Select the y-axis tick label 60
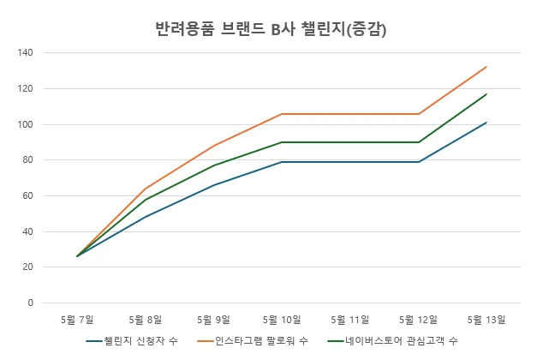pyautogui.click(x=27, y=195)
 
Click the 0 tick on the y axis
pyautogui.click(x=30, y=303)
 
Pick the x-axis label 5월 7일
pyautogui.click(x=77, y=320)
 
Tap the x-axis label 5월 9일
pyautogui.click(x=213, y=320)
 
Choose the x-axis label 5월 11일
pyautogui.click(x=350, y=320)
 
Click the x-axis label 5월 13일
pyautogui.click(x=486, y=320)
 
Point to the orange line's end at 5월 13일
pyautogui.click(x=486, y=67)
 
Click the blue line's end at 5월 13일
pyautogui.click(x=486, y=123)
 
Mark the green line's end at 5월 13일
pyautogui.click(x=486, y=94)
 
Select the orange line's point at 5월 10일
pyautogui.click(x=282, y=114)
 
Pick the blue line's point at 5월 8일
pyautogui.click(x=146, y=217)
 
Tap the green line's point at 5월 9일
pyautogui.click(x=213, y=165)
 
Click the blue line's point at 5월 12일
pyautogui.click(x=418, y=162)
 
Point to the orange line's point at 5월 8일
pyautogui.click(x=146, y=189)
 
